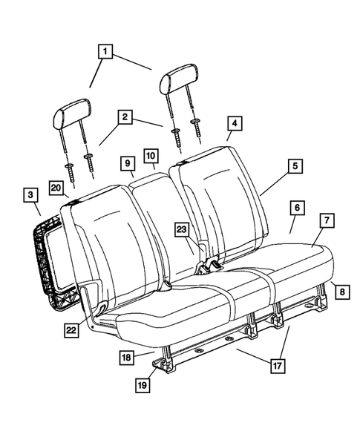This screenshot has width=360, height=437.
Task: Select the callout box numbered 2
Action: click(x=125, y=117)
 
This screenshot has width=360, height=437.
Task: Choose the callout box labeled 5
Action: click(x=295, y=167)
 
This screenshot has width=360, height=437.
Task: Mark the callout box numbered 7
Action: click(x=325, y=220)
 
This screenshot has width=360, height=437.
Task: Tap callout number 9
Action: click(x=127, y=162)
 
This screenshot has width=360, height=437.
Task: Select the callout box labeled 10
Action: click(x=150, y=156)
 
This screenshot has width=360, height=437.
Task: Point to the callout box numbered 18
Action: click(x=127, y=358)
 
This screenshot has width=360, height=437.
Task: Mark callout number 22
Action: click(x=71, y=330)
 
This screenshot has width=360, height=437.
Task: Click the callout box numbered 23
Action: click(x=182, y=230)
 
